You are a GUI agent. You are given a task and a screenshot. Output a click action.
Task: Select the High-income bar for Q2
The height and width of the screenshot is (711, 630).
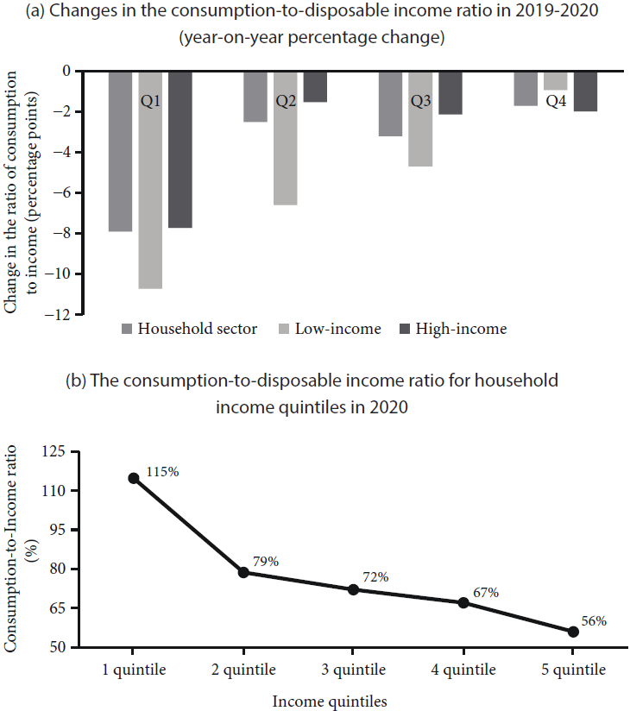(315, 86)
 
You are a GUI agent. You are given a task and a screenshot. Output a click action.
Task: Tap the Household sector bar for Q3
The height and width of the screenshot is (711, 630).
(390, 104)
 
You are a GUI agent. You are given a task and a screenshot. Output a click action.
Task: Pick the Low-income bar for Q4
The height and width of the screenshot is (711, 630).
(556, 80)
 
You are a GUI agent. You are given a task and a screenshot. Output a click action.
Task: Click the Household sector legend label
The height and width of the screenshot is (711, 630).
(197, 329)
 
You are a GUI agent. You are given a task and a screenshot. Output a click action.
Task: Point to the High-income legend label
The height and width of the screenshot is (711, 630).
(461, 329)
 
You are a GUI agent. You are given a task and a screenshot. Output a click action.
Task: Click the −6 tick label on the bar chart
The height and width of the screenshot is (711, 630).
(62, 193)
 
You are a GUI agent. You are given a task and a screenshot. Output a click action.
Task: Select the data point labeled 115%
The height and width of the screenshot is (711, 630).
(134, 478)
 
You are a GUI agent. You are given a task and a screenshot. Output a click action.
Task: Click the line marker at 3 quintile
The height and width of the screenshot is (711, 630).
(353, 589)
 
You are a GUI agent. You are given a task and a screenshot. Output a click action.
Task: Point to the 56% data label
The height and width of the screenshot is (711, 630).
(593, 620)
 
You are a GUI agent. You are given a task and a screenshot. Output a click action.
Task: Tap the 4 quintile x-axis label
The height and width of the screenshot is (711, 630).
(463, 670)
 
